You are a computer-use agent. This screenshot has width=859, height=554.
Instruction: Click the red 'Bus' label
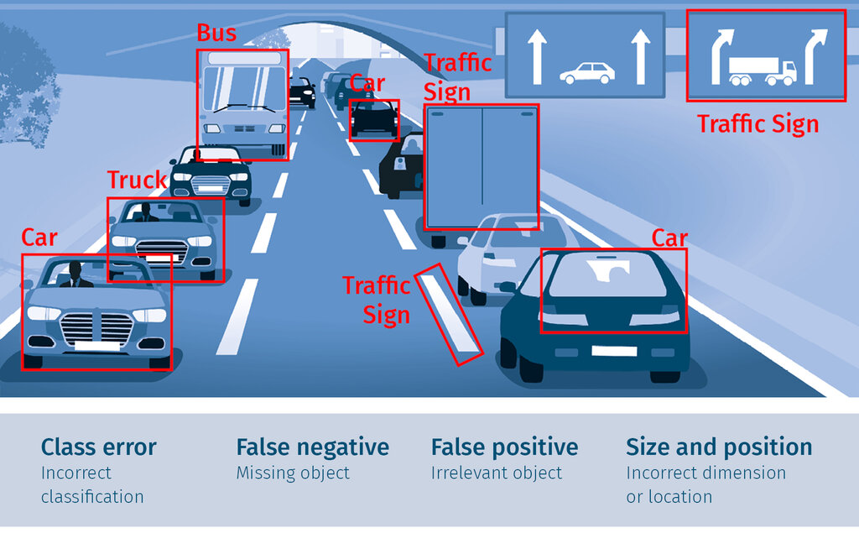pyautogui.click(x=216, y=34)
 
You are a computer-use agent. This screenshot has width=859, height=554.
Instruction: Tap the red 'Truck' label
pyautogui.click(x=137, y=180)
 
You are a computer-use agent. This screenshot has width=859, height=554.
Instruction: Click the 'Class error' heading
pyautogui.click(x=99, y=447)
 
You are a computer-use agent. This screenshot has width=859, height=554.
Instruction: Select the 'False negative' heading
pyautogui.click(x=312, y=447)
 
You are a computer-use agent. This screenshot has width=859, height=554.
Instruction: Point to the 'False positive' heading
pyautogui.click(x=504, y=447)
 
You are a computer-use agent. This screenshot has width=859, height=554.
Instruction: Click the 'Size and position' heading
pyautogui.click(x=719, y=447)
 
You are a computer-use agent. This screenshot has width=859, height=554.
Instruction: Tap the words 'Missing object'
pyautogui.click(x=293, y=473)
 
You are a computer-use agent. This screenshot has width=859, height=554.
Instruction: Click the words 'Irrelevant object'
pyautogui.click(x=497, y=473)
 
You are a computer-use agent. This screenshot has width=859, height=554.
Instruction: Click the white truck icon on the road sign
pyautogui.click(x=762, y=71)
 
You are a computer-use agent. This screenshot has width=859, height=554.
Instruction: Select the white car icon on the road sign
pyautogui.click(x=586, y=73)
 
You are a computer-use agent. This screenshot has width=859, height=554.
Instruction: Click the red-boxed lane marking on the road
pyautogui.click(x=449, y=314)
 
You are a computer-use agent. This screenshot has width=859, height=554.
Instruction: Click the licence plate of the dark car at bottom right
pyautogui.click(x=613, y=351)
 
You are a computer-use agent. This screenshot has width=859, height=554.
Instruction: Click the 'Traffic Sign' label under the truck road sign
pyautogui.click(x=757, y=124)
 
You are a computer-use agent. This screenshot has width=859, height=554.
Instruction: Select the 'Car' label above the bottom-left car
pyautogui.click(x=39, y=238)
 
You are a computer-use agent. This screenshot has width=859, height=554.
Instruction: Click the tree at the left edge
pyautogui.click(x=24, y=87)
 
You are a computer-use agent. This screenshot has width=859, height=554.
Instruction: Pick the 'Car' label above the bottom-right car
pyautogui.click(x=669, y=238)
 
